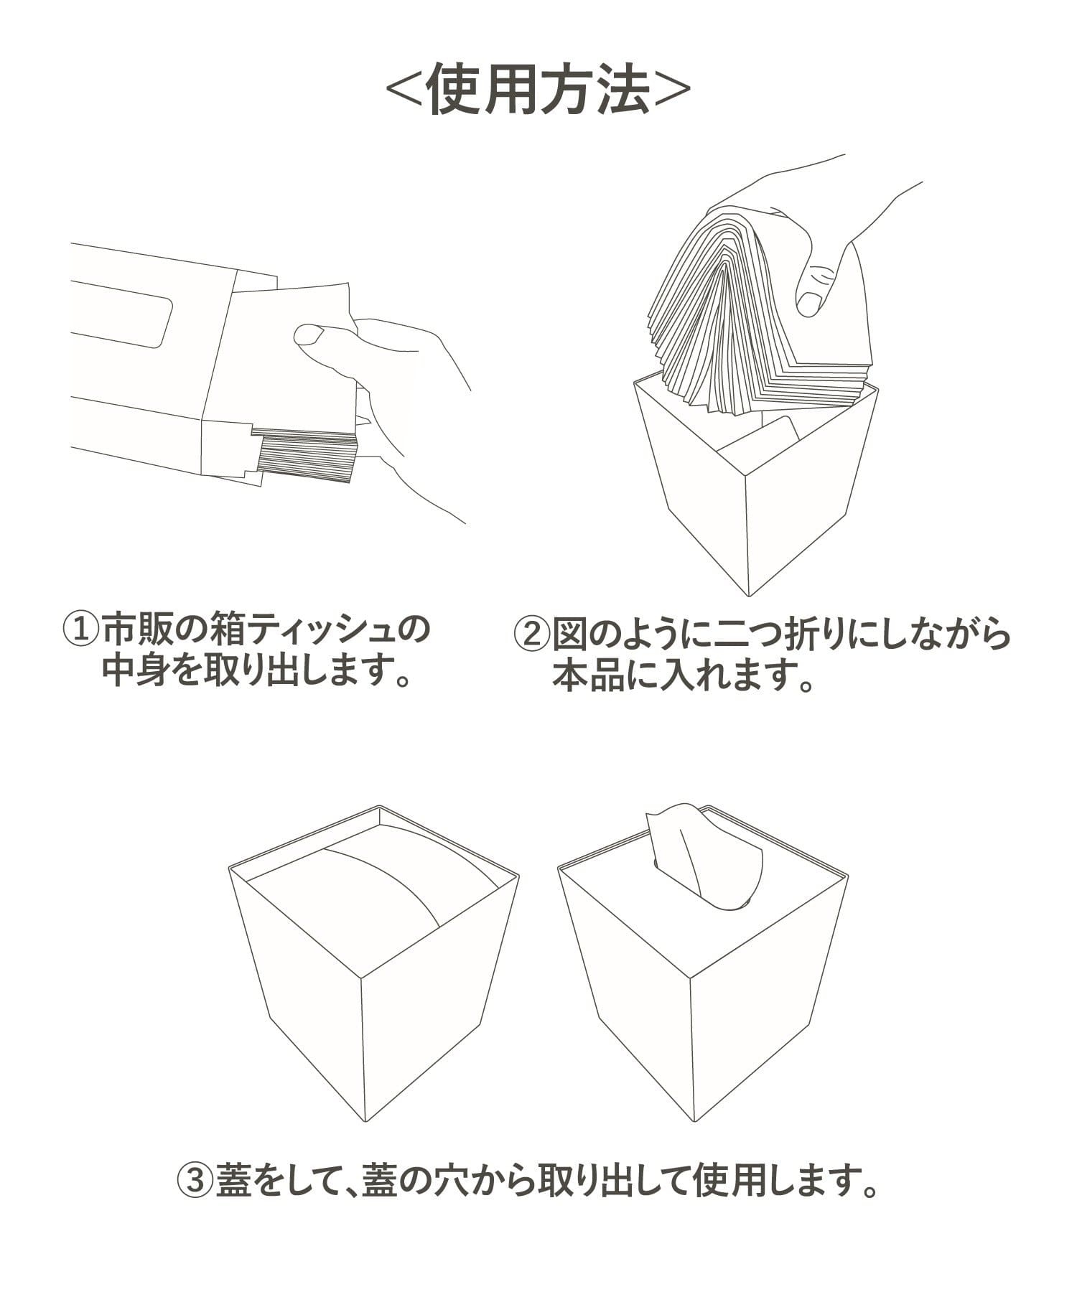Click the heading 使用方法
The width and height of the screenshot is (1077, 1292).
(x=538, y=90)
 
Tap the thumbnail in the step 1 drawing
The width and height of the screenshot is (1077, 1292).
(x=309, y=334)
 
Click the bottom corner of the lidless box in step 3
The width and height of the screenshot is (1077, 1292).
(x=365, y=1121)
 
